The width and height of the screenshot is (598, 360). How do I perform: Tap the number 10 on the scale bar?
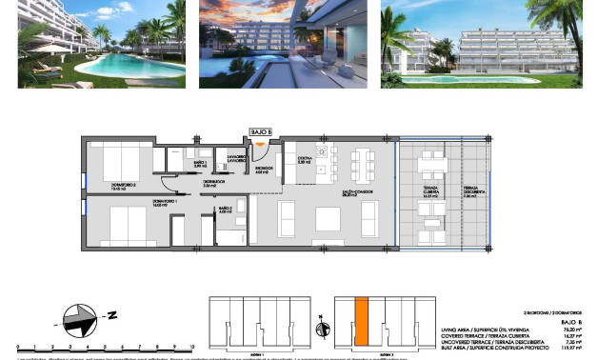click(x=193, y=348)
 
